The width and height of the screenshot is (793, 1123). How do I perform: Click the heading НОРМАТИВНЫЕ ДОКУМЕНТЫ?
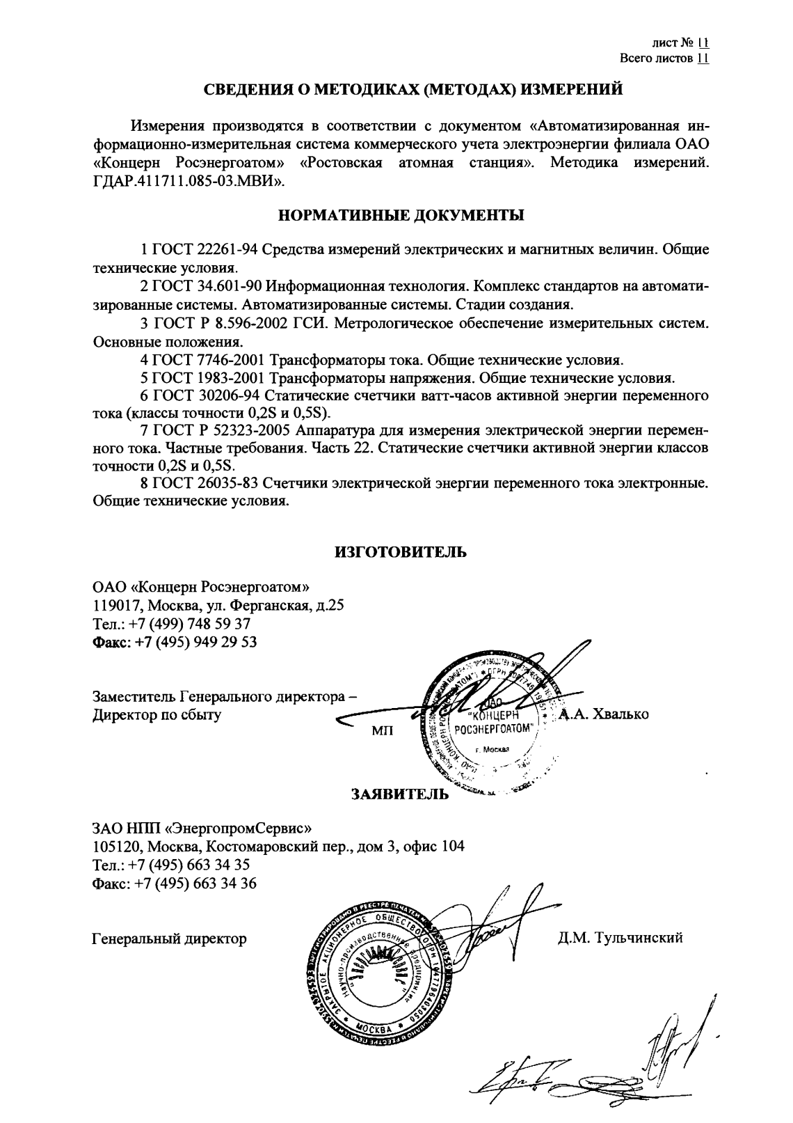click(x=401, y=215)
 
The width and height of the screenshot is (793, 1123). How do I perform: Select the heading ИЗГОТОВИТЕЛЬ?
click(x=401, y=552)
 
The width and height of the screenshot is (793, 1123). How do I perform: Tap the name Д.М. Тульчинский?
click(x=620, y=938)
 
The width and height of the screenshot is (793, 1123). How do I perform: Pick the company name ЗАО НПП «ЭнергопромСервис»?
click(x=202, y=828)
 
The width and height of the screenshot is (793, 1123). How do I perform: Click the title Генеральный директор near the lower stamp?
click(x=169, y=939)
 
